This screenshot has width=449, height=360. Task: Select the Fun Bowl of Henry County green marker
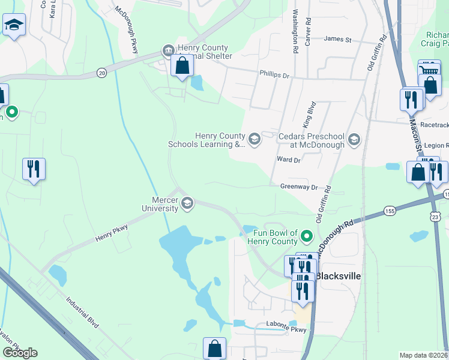pos(307,236)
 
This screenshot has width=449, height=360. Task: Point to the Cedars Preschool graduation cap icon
pos(354,140)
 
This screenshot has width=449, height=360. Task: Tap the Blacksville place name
pos(339,276)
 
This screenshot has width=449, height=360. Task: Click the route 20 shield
pos(101,73)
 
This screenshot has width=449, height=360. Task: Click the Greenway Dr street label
pos(298,187)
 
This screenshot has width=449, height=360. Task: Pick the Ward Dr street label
pos(289,160)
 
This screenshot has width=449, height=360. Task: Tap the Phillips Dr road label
pos(274,76)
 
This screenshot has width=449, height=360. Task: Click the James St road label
pos(337,40)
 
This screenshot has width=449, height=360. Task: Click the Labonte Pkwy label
pos(286,329)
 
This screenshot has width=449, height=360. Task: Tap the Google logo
pos(19,353)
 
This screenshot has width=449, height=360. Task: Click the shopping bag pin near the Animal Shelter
pos(182,66)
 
